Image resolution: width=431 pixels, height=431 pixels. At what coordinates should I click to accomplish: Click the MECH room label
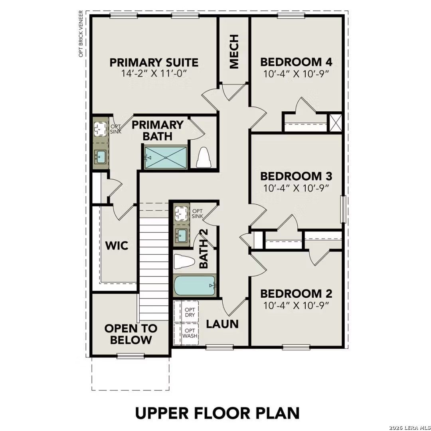click(234, 51)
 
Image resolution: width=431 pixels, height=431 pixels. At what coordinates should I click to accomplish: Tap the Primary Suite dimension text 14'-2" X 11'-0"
click(154, 73)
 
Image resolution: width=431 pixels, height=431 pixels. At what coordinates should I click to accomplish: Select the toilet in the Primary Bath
click(204, 157)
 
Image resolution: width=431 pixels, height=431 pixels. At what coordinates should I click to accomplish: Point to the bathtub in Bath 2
click(195, 286)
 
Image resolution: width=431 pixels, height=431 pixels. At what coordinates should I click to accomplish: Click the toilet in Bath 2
click(183, 262)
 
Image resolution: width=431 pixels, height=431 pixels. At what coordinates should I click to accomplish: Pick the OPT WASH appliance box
click(189, 334)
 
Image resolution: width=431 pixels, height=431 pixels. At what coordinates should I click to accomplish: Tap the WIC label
click(117, 245)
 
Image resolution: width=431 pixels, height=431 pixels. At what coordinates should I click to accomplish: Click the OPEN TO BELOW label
click(130, 334)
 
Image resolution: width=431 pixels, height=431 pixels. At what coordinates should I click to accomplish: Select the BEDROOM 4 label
click(296, 62)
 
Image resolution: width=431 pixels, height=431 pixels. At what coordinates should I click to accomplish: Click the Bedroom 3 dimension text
click(296, 188)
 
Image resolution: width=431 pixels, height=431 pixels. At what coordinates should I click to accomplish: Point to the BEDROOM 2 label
click(296, 294)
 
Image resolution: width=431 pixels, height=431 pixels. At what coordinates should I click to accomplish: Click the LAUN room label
click(222, 324)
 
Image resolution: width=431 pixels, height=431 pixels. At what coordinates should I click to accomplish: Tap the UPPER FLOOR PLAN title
click(217, 413)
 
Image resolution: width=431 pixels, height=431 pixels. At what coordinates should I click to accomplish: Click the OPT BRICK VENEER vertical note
click(81, 34)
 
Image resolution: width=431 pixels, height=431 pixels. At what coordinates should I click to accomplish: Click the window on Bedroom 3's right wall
click(343, 209)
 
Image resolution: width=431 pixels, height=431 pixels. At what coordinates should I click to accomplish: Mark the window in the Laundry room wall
click(219, 347)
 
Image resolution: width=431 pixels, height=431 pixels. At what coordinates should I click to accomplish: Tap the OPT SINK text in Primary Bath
click(115, 129)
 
